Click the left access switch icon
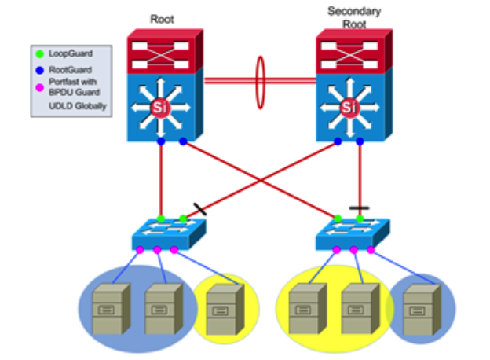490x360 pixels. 170,233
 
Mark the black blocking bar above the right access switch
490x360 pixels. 359,208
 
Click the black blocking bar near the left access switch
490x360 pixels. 199,208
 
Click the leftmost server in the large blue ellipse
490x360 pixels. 110,309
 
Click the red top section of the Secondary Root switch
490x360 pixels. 351,49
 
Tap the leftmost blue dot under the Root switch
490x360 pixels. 160,142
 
